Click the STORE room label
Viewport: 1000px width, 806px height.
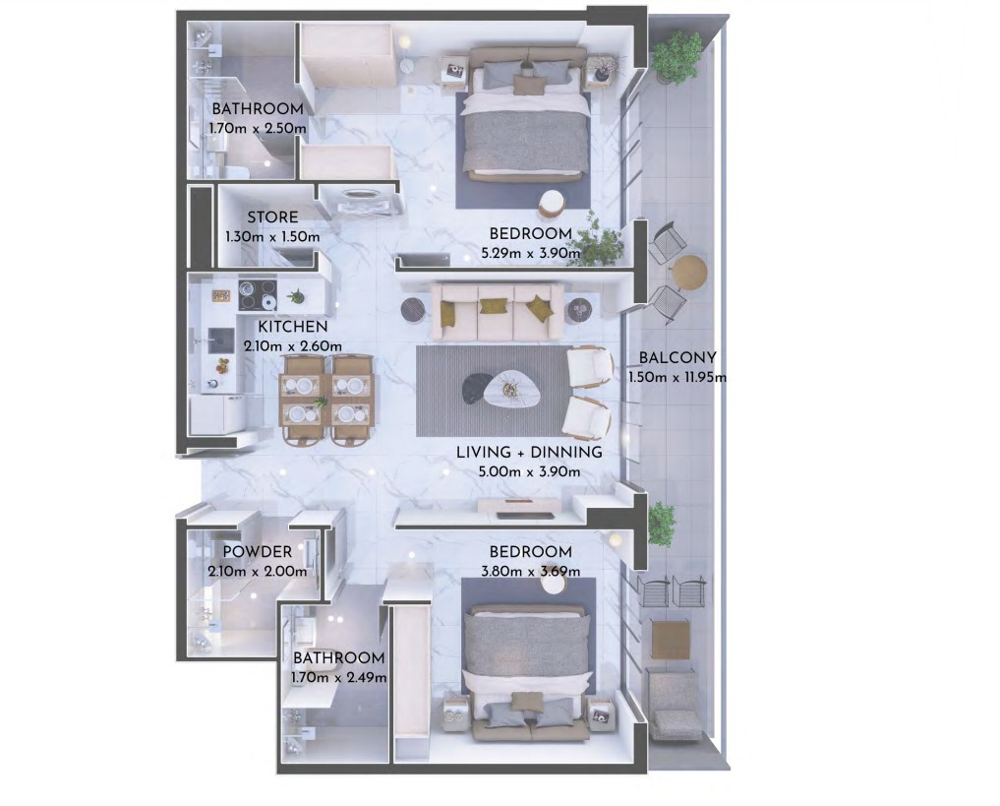272,217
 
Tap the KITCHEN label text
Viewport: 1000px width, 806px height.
293,327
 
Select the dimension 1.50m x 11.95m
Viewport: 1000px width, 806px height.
677,377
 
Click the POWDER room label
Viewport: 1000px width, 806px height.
258,552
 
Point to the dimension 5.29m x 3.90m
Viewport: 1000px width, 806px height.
531,253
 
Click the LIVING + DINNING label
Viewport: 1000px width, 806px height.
529,453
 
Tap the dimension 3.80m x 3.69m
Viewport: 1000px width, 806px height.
530,571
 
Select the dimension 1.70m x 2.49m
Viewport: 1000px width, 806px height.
338,677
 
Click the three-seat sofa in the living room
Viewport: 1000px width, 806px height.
498,312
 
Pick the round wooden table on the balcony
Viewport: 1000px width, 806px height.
690,273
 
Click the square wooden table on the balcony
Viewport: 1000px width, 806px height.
671,639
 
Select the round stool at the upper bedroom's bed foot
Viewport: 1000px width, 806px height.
553,203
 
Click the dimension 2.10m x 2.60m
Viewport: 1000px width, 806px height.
293,346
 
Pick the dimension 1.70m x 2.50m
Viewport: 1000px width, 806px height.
258,128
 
